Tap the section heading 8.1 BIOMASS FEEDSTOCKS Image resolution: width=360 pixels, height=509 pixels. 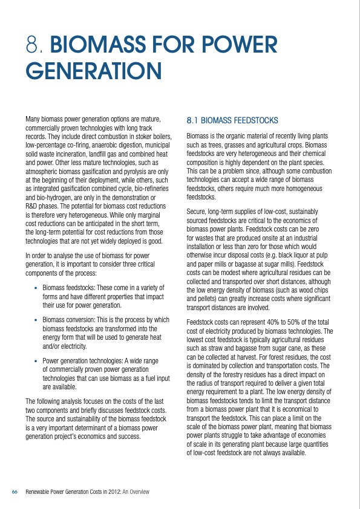[232, 121]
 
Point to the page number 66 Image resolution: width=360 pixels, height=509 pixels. [15, 492]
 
